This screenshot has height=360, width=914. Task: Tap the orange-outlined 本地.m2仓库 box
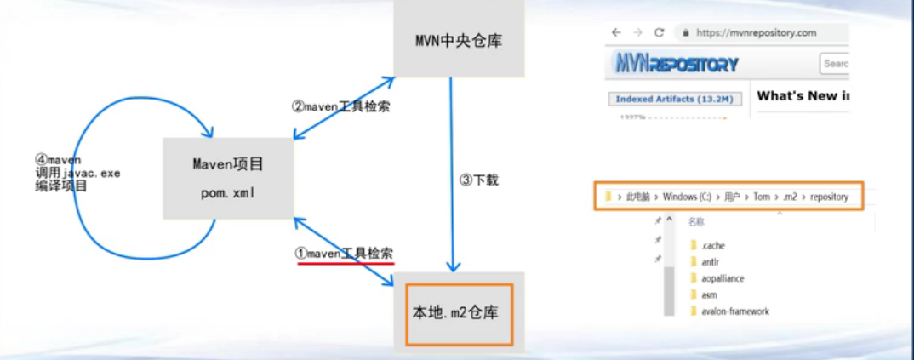coord(460,312)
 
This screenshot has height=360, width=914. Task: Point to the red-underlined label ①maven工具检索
coord(344,253)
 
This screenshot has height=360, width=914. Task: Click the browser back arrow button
coord(616,33)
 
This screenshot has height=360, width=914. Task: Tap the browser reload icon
coord(659,33)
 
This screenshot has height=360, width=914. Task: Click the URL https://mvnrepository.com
coord(756,33)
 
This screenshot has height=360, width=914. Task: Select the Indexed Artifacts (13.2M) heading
coord(673,99)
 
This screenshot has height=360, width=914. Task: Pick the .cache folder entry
coord(713,246)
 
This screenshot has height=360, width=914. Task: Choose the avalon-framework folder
coord(734,311)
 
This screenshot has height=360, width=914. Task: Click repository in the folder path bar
coord(829,197)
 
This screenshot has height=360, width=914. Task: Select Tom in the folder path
coord(761,197)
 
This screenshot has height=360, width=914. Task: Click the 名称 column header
coord(696,221)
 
